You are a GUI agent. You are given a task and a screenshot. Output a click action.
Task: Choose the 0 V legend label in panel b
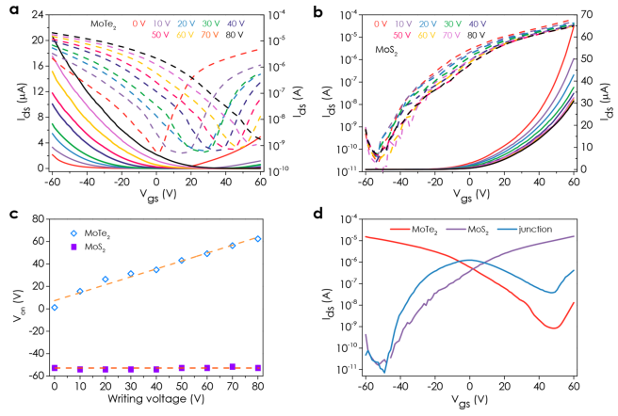[x=381, y=23]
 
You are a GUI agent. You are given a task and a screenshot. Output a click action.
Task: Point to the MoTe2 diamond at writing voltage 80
[x=257, y=238]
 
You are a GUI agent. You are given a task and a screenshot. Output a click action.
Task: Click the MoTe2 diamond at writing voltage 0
[x=55, y=307]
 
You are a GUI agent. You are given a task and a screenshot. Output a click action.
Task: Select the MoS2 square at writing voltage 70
[x=232, y=366]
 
